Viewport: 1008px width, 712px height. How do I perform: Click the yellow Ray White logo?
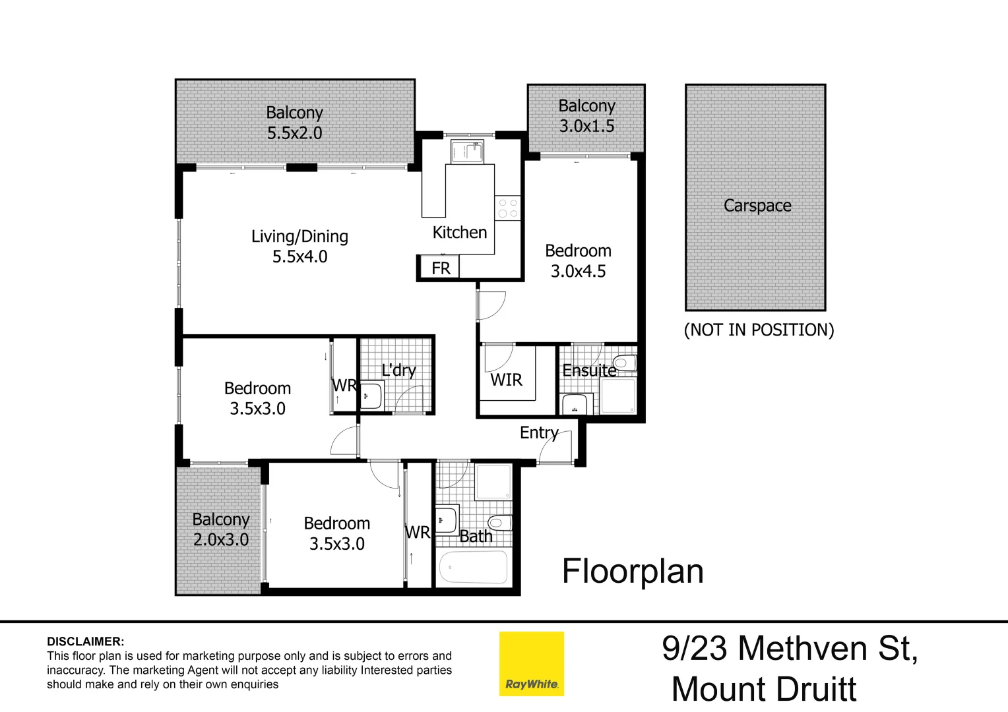[x=531, y=664]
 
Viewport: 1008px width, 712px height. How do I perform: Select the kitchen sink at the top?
[x=467, y=152]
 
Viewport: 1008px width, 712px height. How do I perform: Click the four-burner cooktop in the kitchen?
[x=508, y=208]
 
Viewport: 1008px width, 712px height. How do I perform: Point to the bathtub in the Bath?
[x=473, y=567]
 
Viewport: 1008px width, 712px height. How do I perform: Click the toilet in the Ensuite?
[x=623, y=363]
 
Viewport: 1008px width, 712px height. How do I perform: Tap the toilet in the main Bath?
[x=500, y=523]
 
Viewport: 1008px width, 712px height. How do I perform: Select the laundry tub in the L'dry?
[x=371, y=396]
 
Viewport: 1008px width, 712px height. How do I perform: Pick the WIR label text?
[x=506, y=380]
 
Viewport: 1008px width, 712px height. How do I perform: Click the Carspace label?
[x=757, y=206]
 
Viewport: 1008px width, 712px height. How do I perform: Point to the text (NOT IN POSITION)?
[x=759, y=330]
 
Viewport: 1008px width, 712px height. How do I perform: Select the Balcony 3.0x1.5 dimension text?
[x=586, y=126]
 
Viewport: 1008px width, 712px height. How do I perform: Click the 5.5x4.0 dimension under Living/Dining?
[x=299, y=256]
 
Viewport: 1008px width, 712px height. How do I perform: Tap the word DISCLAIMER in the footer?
[x=85, y=641]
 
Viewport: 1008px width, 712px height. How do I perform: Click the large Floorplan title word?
[x=633, y=571]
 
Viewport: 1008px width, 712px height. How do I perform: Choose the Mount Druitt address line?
[x=763, y=690]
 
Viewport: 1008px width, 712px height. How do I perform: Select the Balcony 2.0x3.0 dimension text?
[x=221, y=540]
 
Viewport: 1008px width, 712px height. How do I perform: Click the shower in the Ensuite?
[x=619, y=396]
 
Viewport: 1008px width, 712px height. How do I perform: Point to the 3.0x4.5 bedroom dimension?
[x=578, y=271]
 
